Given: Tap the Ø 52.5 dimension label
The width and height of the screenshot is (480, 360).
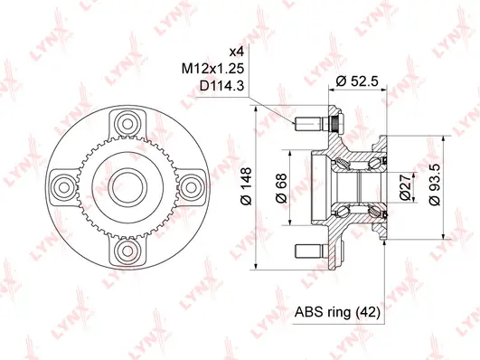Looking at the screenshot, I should click(x=357, y=81).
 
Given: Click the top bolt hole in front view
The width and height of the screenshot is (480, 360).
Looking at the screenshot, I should click(x=126, y=122).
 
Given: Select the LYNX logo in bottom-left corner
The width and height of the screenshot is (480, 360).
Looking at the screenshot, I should click(x=19, y=340).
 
